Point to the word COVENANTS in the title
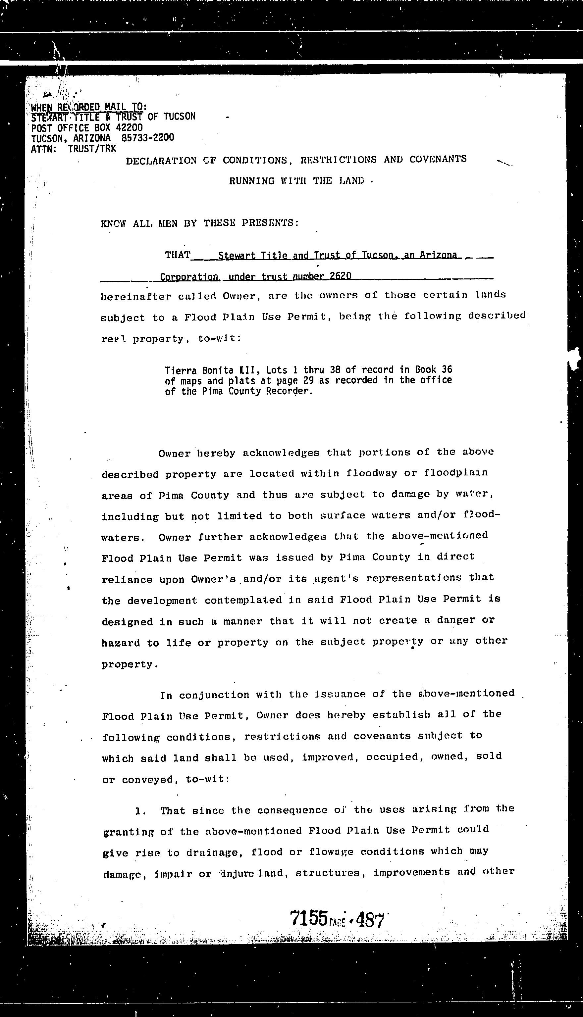tap(438, 159)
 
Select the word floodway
tap(372, 473)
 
